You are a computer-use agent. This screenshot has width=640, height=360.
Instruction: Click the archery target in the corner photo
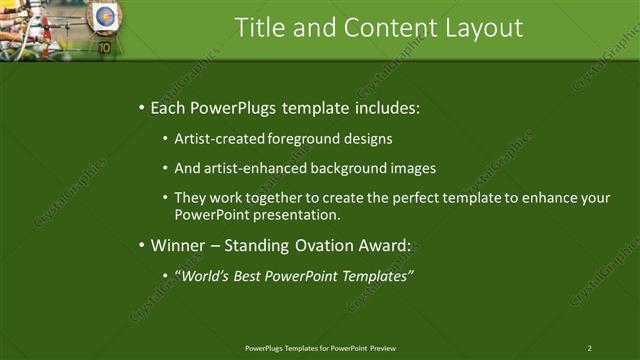104,17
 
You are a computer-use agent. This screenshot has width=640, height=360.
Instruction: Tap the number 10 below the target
104,47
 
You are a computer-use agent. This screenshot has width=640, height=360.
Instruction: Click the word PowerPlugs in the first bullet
237,107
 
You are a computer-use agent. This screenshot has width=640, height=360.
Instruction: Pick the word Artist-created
218,139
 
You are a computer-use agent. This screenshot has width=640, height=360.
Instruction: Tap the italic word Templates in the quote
377,276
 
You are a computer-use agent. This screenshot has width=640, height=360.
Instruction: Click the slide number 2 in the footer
589,348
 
